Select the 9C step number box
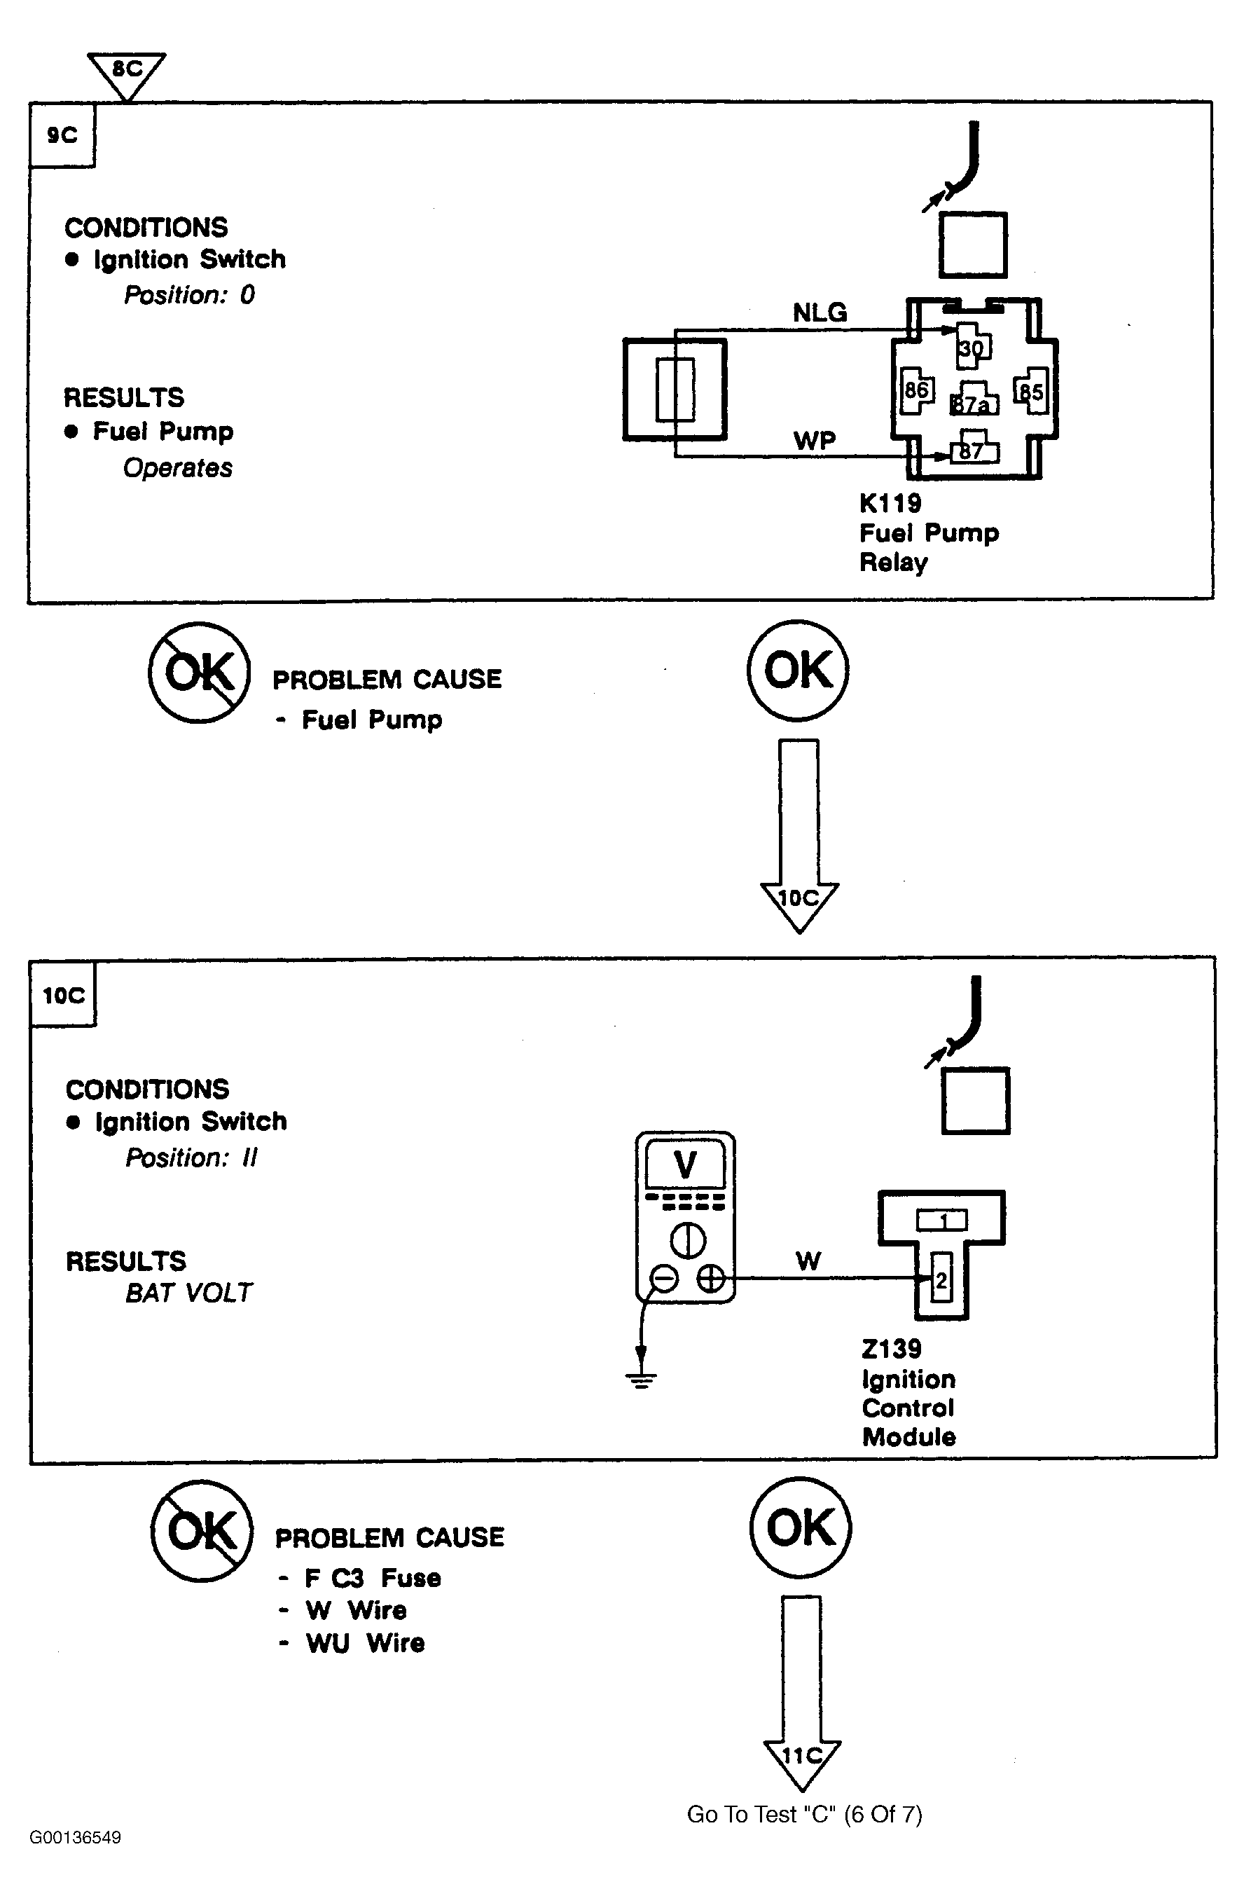coord(62,135)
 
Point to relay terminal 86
coord(916,390)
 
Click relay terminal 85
coord(1030,391)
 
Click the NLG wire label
coord(820,313)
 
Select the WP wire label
coord(814,441)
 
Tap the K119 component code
coord(890,504)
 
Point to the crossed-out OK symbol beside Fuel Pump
coord(199,673)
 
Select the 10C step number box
coord(64,995)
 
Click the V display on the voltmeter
coord(685,1165)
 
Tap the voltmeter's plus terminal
coord(710,1279)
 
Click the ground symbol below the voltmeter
coord(641,1379)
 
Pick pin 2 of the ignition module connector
coord(941,1281)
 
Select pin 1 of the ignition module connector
coord(942,1221)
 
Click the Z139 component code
coord(891,1349)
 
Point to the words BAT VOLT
coord(188,1292)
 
